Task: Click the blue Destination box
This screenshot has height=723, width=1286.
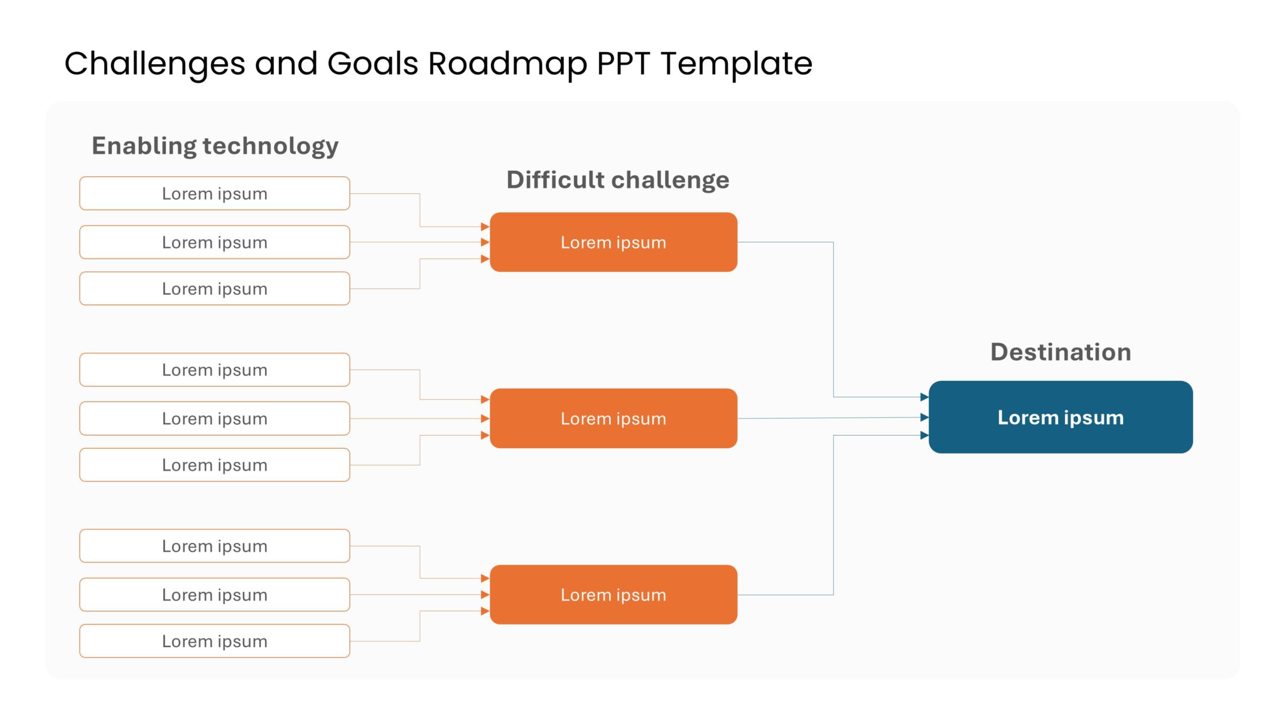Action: click(1060, 417)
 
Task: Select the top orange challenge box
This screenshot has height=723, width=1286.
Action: click(613, 242)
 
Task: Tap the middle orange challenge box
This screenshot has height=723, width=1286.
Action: click(613, 418)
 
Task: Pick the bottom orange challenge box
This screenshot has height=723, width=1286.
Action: click(613, 594)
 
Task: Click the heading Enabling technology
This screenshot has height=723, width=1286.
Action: click(215, 146)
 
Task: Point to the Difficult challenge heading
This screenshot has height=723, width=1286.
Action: click(617, 180)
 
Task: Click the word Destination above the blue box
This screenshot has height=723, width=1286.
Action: click(1060, 352)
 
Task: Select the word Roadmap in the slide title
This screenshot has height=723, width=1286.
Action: click(507, 64)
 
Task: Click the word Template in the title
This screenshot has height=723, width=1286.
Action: click(736, 64)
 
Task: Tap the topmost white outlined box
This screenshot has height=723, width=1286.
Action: click(214, 193)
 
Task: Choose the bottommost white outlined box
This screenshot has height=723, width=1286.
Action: click(214, 641)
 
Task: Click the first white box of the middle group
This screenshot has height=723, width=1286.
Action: click(214, 370)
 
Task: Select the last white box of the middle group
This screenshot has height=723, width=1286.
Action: click(214, 465)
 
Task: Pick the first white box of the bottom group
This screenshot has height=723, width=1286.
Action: click(214, 546)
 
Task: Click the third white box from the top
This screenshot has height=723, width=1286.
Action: click(214, 289)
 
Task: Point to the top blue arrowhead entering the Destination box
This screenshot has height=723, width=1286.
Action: click(924, 397)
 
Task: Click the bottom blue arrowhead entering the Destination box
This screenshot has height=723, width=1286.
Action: click(924, 435)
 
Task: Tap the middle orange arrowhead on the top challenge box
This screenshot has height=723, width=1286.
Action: click(485, 242)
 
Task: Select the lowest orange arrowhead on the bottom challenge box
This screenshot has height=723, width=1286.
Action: click(485, 611)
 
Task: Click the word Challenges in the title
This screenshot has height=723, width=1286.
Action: click(154, 64)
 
